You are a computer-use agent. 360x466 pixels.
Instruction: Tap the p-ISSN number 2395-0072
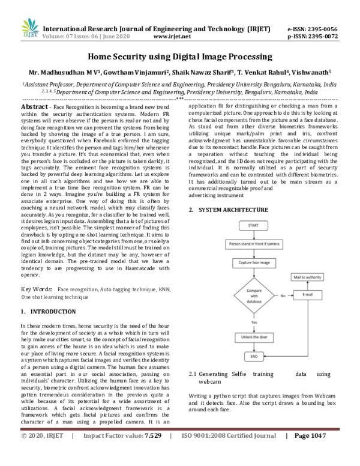point(324,36)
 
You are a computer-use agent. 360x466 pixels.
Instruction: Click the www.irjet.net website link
point(172,36)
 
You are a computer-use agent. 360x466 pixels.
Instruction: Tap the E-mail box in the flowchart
point(307,295)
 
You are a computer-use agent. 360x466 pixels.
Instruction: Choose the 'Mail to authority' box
point(307,277)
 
